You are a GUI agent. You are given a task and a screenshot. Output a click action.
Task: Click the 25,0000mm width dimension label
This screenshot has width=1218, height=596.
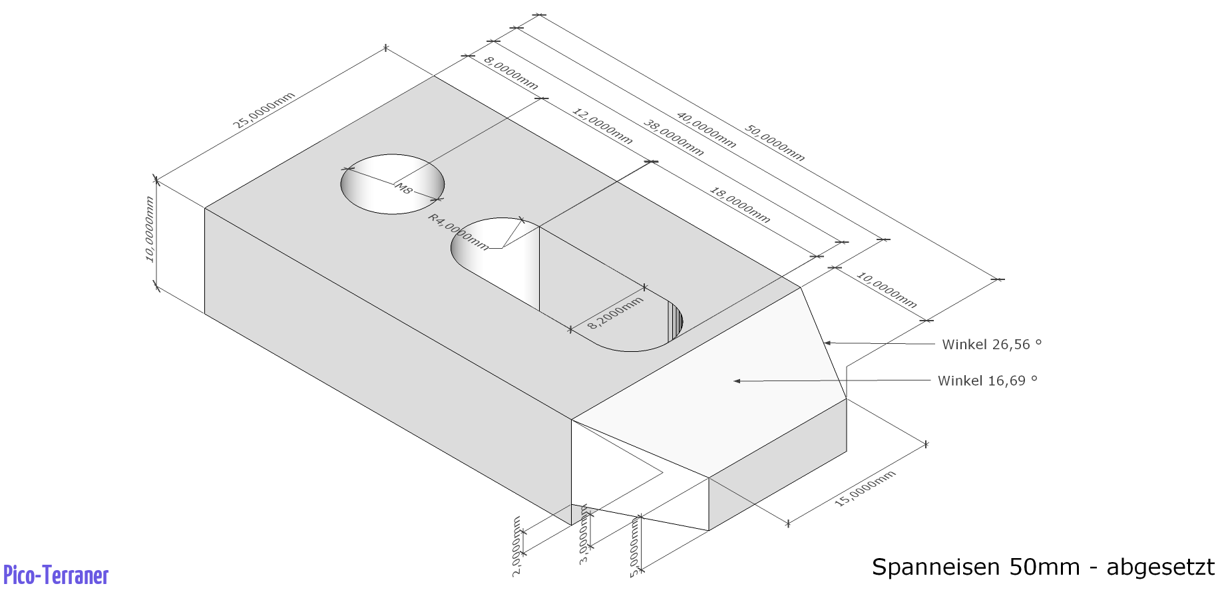click(264, 110)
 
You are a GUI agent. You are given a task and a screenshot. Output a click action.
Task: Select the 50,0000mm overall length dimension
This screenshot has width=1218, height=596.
click(775, 143)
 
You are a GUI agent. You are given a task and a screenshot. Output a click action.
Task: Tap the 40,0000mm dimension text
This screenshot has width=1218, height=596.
click(707, 130)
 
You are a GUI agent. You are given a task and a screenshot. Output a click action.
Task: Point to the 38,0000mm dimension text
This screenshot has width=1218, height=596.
click(674, 138)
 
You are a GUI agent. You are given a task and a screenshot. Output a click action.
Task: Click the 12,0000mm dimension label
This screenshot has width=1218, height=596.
click(602, 126)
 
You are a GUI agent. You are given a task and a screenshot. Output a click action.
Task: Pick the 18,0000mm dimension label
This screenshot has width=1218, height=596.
click(740, 205)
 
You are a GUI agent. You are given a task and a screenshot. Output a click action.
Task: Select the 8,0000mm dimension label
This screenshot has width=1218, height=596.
click(511, 73)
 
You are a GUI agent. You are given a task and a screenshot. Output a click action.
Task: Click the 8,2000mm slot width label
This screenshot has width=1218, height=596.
click(616, 313)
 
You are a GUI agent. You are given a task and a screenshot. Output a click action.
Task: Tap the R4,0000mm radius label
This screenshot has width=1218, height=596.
click(459, 231)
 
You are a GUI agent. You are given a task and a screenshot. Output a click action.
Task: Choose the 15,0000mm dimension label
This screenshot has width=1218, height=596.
click(865, 488)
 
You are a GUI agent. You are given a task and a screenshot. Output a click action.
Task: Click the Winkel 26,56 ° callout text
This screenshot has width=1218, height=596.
click(992, 345)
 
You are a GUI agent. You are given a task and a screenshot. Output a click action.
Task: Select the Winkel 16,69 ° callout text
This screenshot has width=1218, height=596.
click(988, 380)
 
